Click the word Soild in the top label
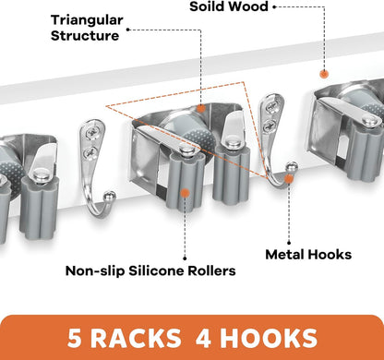coord(209,6)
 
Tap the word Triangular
coord(87,21)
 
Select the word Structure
coord(85,36)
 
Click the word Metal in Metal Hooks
coord(284,255)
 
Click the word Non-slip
coord(95,271)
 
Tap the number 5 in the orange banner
coord(74,339)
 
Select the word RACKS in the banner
coord(136,339)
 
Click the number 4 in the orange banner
coord(204,339)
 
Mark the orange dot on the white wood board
coord(324,74)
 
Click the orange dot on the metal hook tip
coord(289,179)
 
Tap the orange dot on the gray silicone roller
coord(185,193)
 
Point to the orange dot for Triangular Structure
coord(201,108)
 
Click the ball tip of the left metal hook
coord(110,196)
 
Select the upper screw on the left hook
coord(91,133)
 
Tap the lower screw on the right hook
coord(270,126)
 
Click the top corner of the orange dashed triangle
coord(244,82)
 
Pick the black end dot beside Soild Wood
coord(274,6)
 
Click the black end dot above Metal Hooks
coord(289,243)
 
